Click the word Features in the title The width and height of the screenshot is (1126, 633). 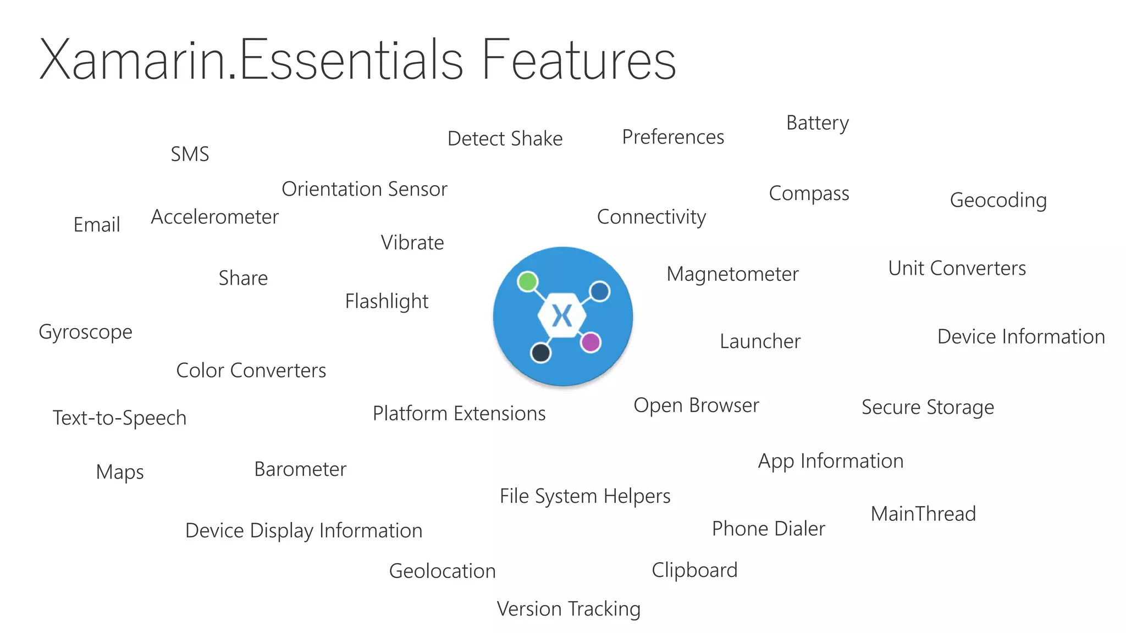tap(578, 60)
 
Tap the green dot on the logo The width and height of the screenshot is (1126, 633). tap(528, 282)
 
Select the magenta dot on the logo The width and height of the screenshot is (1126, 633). tap(590, 342)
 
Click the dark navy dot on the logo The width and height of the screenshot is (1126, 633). tap(541, 352)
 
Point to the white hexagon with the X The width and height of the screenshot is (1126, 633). tap(562, 316)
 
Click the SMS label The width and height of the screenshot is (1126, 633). tap(190, 154)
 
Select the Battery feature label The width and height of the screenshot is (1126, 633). tap(818, 123)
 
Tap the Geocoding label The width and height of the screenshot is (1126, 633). tap(998, 201)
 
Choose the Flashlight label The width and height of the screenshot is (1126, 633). tap(387, 302)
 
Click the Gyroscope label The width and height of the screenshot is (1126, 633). tap(86, 332)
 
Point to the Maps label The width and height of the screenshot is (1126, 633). tap(120, 473)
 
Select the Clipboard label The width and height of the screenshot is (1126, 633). tap(694, 570)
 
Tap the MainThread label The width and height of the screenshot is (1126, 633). tap(923, 514)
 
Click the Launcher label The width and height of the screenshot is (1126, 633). tap(760, 342)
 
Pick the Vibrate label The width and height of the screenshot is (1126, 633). tap(412, 243)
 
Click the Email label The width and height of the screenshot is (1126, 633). tap(97, 225)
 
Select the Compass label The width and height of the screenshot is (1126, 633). tap(809, 194)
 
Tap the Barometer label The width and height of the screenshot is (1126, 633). tap(300, 470)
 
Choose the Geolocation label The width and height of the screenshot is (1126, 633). tap(442, 571)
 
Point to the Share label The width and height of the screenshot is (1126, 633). tap(243, 279)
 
